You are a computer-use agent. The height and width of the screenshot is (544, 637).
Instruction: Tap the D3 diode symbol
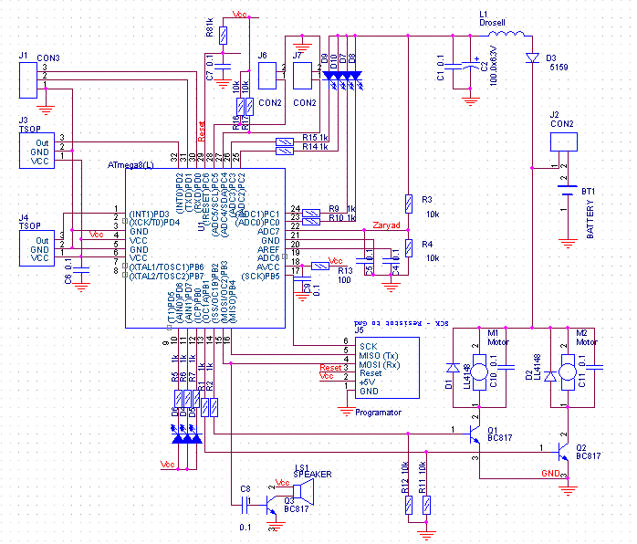[531, 58]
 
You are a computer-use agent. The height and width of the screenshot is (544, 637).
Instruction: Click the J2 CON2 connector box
[564, 141]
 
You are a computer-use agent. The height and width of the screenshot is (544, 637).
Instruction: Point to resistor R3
[409, 204]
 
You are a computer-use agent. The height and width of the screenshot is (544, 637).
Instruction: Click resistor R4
[409, 247]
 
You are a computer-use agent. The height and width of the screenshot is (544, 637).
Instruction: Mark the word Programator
[377, 413]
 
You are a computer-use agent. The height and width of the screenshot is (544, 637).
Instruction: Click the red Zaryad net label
[386, 225]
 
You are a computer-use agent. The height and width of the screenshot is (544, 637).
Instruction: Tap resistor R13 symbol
[321, 266]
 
